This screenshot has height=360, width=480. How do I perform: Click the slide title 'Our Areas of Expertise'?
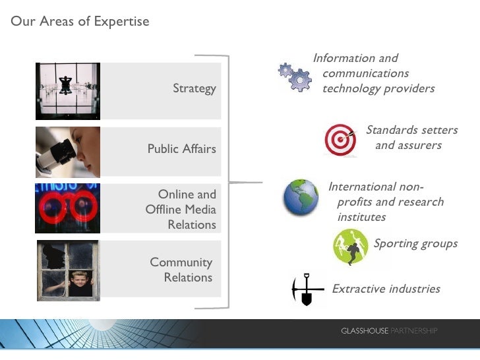point(80,22)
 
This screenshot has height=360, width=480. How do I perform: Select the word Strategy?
point(194,88)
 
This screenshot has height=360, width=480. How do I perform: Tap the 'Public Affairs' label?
point(181,149)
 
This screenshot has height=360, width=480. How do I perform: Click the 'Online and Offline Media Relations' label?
point(181,210)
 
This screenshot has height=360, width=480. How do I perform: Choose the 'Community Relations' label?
point(182,270)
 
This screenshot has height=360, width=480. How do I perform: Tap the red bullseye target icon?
point(340,140)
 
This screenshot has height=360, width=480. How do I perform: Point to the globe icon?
point(301,196)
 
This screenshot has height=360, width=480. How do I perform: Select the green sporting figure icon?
point(350,247)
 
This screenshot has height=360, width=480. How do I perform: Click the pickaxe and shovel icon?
point(307,289)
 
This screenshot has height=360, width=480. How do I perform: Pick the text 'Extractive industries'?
point(386,289)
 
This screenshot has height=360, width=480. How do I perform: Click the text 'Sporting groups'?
point(415,244)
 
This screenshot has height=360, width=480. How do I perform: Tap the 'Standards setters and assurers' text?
point(411,138)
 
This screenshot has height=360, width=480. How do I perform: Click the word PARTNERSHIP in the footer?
point(414,330)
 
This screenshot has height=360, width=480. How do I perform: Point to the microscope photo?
point(67,152)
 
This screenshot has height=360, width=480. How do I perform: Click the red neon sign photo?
point(67,208)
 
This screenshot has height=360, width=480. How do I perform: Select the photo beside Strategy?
point(67,91)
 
